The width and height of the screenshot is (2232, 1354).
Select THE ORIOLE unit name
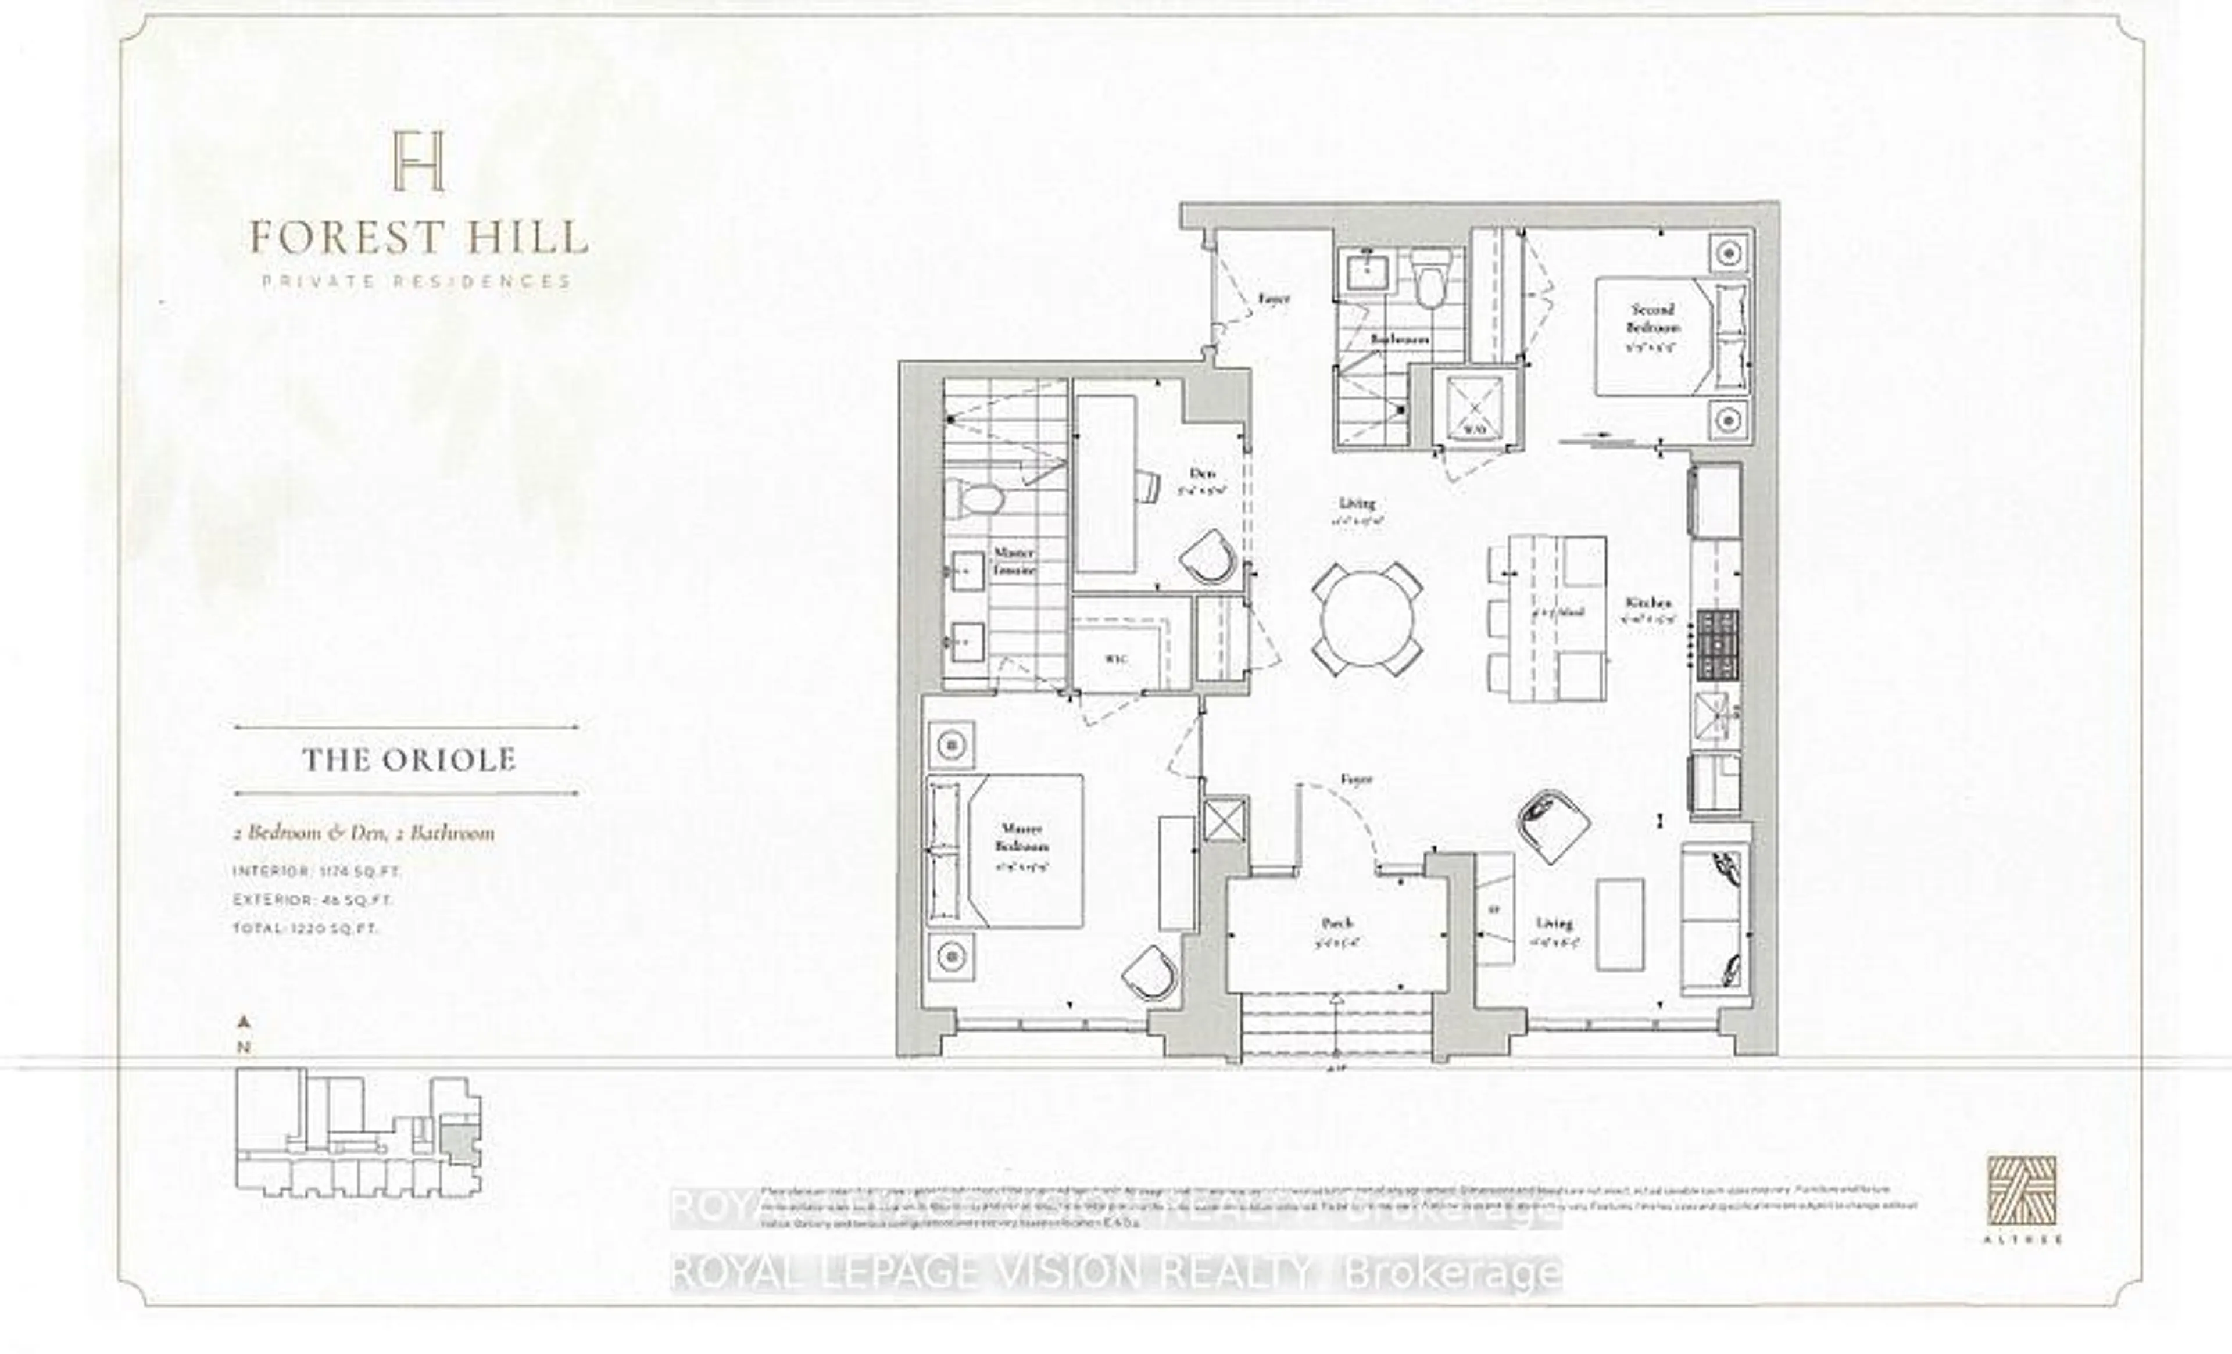coord(409,759)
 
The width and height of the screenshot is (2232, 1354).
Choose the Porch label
coord(1337,923)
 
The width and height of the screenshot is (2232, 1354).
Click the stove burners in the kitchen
coord(1718,646)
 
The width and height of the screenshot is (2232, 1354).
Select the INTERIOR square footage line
coord(317,871)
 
